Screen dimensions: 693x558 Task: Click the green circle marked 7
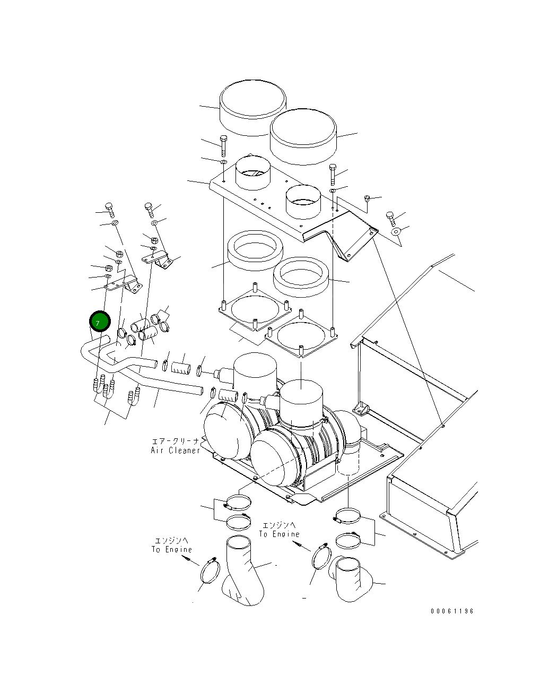coord(100,322)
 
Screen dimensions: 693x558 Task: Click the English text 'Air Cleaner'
coord(175,451)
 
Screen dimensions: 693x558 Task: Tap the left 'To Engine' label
coord(171,549)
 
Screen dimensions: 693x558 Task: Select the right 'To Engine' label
coord(279,534)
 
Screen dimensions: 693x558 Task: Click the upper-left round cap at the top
coord(253,108)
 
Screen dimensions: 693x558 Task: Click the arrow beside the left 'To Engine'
coord(193,560)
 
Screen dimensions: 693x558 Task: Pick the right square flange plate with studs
coord(301,336)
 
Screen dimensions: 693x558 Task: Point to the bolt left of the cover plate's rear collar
coord(223,144)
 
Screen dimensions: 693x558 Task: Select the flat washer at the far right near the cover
coord(396,232)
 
